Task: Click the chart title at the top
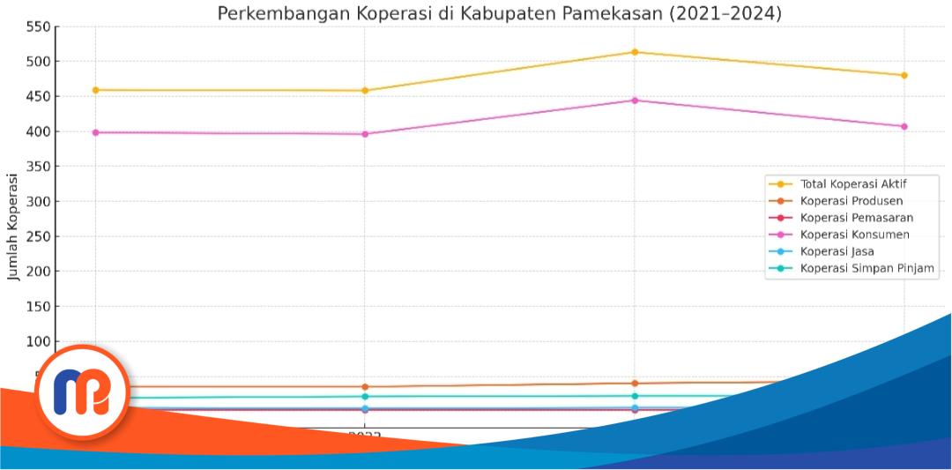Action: [499, 13]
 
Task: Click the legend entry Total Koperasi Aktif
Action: [852, 184]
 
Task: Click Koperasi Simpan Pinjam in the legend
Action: [866, 268]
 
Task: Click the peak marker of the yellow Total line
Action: [635, 52]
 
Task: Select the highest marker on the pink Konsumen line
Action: [635, 101]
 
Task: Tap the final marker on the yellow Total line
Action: [904, 75]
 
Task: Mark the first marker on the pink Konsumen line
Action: [95, 132]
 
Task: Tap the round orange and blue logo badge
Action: [81, 392]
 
